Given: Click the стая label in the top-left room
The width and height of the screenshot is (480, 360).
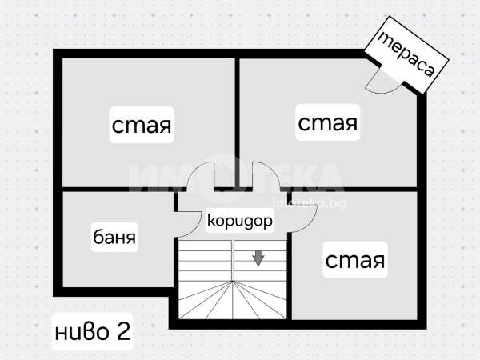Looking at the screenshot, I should (142, 126).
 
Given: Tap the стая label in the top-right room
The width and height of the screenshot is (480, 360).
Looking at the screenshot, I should (327, 123).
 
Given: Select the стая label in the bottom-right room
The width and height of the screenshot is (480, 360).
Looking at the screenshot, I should (354, 260).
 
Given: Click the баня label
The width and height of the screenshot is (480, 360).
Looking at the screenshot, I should (114, 238).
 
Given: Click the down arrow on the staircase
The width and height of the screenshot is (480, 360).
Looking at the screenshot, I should (258, 258).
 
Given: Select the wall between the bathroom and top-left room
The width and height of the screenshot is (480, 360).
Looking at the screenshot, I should (112, 190).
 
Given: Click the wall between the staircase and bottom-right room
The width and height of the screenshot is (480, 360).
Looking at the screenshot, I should (289, 272).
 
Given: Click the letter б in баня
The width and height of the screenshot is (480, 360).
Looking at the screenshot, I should (97, 238).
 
